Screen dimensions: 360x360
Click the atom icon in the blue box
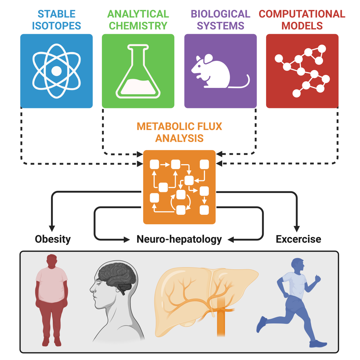click(56, 71)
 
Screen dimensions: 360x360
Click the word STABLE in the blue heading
click(56, 14)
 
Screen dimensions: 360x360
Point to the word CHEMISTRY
click(138, 26)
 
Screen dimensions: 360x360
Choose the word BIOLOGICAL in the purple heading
click(220, 14)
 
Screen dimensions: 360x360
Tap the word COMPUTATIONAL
click(302, 14)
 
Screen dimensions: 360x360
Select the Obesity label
click(53, 239)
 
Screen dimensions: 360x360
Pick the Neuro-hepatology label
click(179, 239)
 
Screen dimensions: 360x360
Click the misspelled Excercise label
click(298, 239)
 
